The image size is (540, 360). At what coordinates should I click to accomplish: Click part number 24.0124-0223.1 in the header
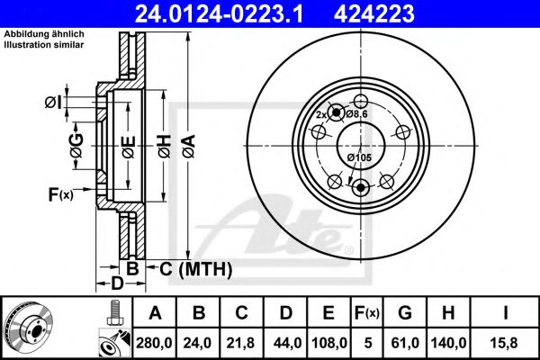[x=219, y=13]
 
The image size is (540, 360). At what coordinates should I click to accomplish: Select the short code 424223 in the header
[x=374, y=13]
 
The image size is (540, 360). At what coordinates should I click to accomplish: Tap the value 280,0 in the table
[x=154, y=343]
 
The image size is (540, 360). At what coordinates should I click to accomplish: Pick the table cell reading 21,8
[x=240, y=343]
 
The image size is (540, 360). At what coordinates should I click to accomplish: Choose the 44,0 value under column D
[x=287, y=343]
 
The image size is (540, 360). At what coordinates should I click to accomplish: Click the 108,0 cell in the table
[x=329, y=343]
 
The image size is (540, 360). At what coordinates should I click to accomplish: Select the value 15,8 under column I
[x=505, y=343]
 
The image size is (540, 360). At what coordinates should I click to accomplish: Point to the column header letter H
[x=448, y=313]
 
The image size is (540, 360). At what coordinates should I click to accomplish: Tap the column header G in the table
[x=405, y=313]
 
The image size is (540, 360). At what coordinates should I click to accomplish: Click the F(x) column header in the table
[x=367, y=313]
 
